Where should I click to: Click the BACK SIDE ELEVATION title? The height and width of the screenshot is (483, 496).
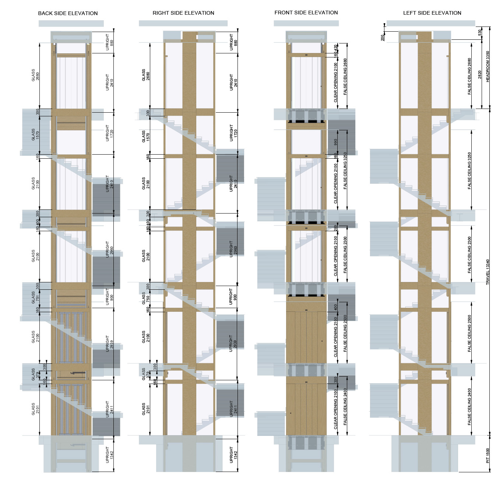68,13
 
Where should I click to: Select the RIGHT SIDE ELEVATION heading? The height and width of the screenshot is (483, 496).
183,13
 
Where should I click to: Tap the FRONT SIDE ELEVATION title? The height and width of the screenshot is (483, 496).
306,13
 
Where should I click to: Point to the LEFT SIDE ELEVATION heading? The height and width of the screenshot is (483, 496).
432,13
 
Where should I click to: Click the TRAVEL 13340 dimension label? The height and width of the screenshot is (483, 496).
488,272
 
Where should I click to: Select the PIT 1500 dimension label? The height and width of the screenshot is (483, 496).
488,455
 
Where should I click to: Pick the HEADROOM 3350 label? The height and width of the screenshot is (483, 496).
488,67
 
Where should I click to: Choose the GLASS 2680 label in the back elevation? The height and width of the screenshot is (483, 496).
35,75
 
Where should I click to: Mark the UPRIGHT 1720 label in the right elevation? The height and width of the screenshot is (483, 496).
233,133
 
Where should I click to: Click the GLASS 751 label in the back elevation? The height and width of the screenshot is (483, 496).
35,297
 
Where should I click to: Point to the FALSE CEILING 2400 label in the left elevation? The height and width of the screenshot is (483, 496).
469,407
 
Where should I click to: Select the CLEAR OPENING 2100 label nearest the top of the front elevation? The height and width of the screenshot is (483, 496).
335,82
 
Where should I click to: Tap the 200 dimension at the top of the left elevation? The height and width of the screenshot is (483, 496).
383,38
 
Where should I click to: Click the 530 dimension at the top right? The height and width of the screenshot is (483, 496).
480,32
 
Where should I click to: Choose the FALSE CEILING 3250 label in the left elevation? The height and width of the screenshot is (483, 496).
469,171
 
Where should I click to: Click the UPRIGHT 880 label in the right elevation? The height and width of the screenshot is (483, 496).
233,42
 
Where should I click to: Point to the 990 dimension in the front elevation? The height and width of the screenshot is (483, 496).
335,142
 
